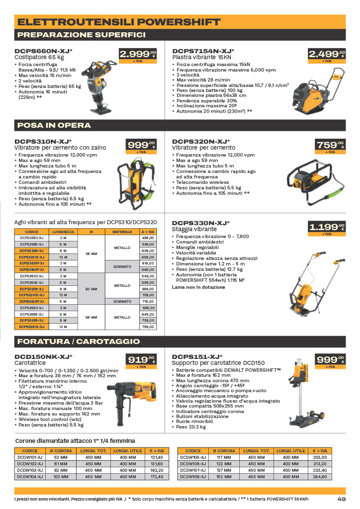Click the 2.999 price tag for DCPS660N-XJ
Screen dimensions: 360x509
pos(138,56)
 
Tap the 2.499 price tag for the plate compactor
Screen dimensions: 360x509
pos(327,56)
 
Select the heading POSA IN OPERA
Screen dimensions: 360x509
pos(54,125)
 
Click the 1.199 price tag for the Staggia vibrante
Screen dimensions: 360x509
pos(327,229)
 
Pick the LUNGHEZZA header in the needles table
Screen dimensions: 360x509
pos(63,232)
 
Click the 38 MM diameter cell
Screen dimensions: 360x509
pos(91,254)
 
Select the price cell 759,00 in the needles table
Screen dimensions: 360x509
pos(148,327)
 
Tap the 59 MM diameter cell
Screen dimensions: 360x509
pos(91,317)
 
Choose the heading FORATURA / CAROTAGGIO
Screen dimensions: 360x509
pos(79,341)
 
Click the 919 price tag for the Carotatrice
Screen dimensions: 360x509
pos(141,361)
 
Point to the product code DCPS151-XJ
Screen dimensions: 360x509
pos(197,357)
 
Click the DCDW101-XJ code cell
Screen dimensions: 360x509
pos(30,457)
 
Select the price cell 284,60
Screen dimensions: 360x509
pos(320,477)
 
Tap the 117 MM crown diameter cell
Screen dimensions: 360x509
pos(224,457)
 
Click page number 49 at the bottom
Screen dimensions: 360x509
pos(342,499)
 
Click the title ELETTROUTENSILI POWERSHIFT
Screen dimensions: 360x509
pos(119,22)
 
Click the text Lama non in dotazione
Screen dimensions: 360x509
pos(198,287)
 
